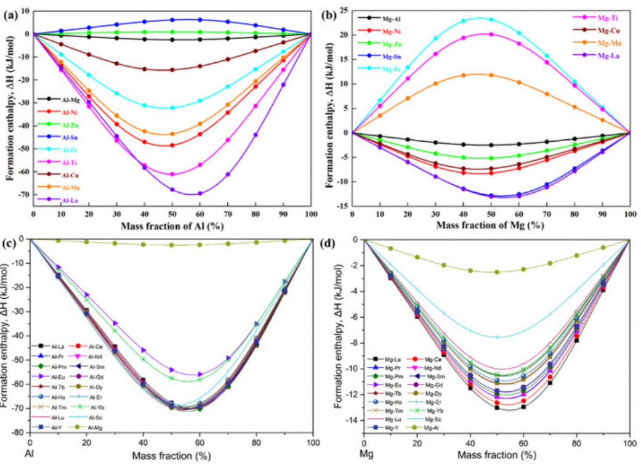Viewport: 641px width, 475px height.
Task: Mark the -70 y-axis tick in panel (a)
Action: point(22,195)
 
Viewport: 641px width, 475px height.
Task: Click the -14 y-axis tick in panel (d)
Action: point(353,420)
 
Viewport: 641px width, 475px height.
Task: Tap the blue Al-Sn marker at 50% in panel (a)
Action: point(172,20)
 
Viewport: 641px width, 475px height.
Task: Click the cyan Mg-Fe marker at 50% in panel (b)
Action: point(491,19)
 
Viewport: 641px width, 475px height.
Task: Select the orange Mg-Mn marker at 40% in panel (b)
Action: point(463,75)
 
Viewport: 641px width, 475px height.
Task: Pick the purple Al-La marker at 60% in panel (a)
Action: point(200,193)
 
